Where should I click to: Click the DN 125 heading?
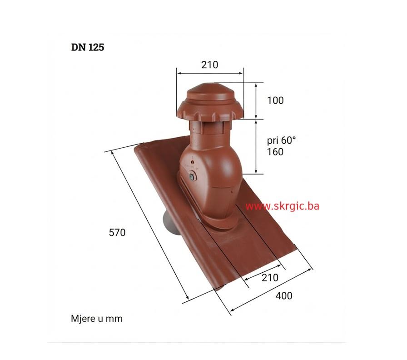[88, 47]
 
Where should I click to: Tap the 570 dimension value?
[117, 232]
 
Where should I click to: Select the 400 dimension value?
[284, 295]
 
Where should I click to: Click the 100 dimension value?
[275, 100]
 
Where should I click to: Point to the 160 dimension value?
[275, 151]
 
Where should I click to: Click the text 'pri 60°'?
[281, 140]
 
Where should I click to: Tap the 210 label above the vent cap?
[209, 65]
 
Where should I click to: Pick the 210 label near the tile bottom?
[270, 277]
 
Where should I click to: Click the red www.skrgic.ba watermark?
[282, 206]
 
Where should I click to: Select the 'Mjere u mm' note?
[97, 319]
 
